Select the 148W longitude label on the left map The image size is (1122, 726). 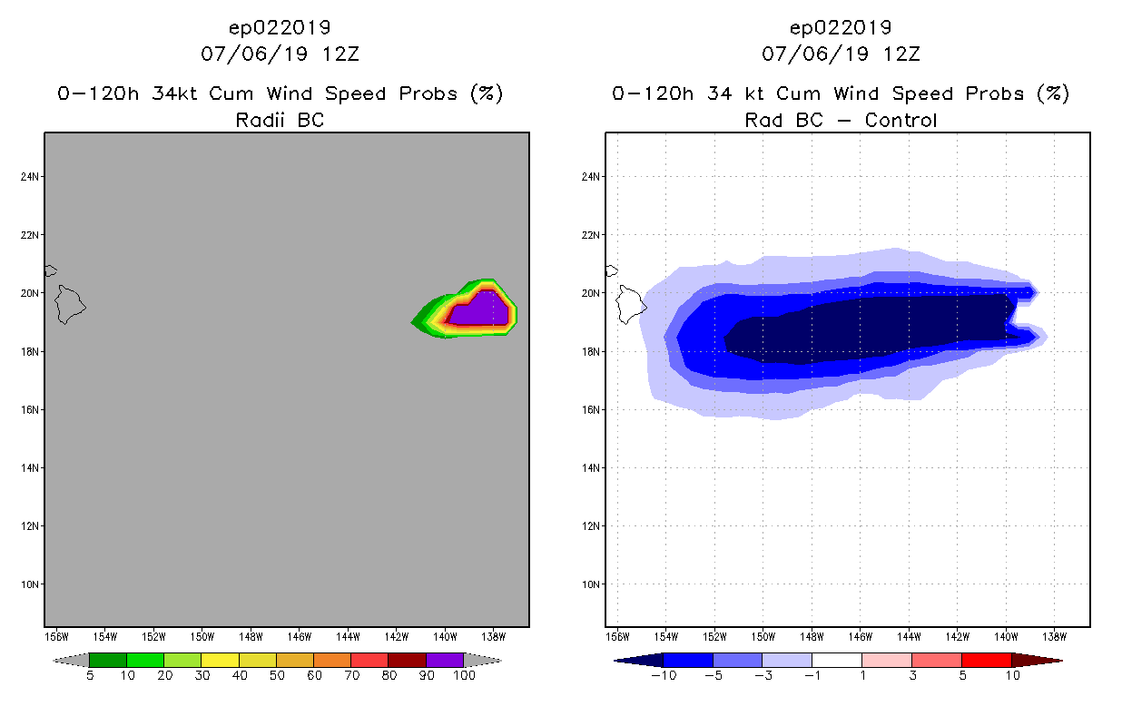click(x=251, y=635)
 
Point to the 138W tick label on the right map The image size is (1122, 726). click(x=1055, y=635)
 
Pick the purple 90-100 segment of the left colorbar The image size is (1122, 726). click(x=445, y=660)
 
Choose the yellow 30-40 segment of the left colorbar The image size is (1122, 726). click(x=220, y=660)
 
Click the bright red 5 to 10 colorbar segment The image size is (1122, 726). click(x=986, y=660)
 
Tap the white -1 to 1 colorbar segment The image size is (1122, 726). click(x=836, y=660)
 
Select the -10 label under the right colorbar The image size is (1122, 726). click(x=664, y=676)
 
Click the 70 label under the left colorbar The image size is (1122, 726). click(x=351, y=676)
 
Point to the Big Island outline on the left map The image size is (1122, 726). click(x=70, y=304)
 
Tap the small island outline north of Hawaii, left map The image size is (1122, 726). click(x=50, y=270)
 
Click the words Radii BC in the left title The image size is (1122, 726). click(x=280, y=120)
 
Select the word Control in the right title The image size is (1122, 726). click(x=901, y=120)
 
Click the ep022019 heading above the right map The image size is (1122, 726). click(x=841, y=28)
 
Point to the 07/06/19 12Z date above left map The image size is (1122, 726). click(x=280, y=54)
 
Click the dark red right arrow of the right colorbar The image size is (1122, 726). click(x=1037, y=660)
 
